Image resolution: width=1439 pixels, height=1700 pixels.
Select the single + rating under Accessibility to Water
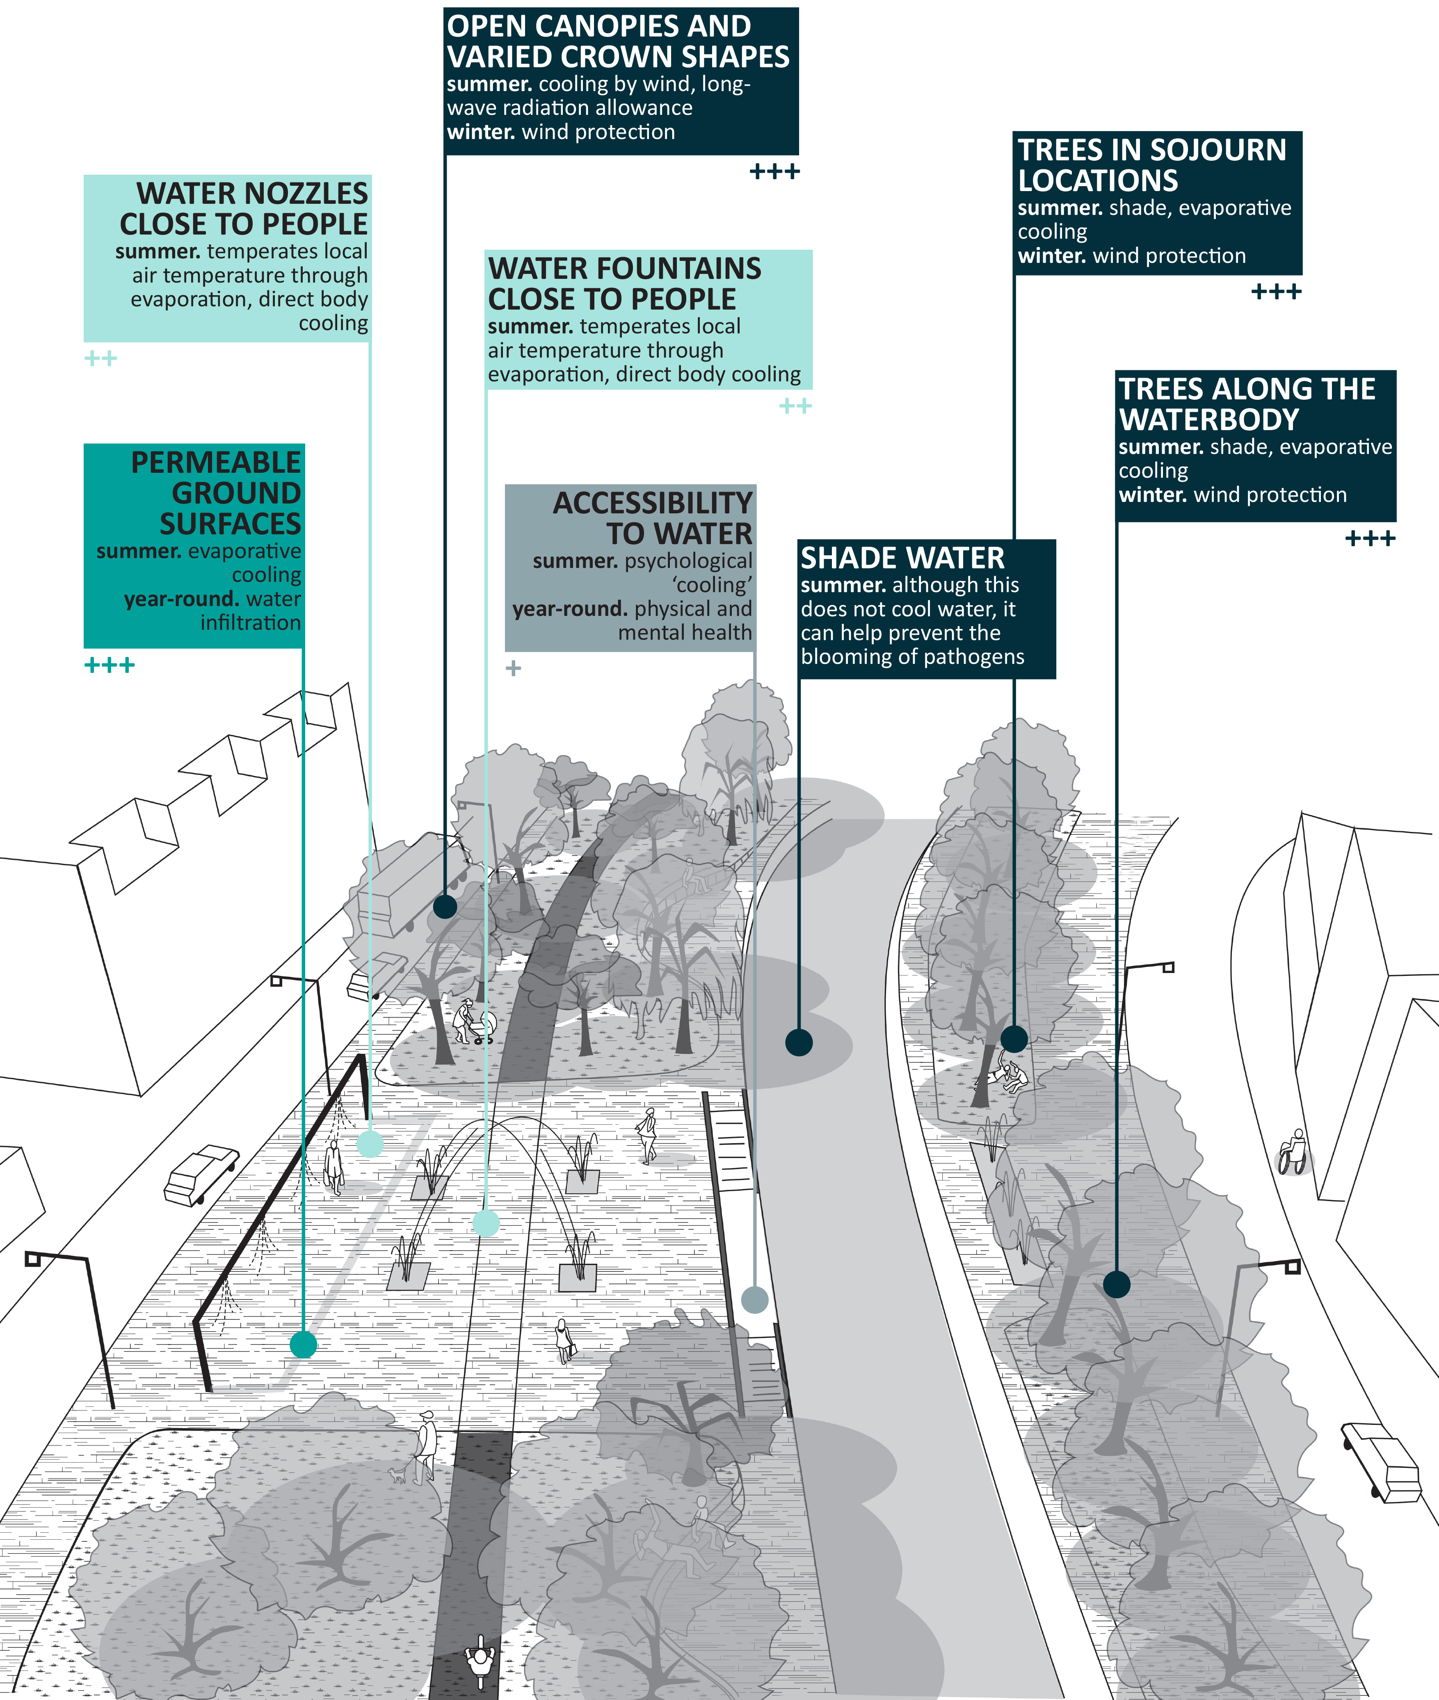513,669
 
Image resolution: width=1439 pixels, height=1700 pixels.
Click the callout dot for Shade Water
799,1042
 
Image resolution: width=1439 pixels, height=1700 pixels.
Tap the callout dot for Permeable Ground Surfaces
304,1345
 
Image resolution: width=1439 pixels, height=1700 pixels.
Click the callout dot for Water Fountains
486,1223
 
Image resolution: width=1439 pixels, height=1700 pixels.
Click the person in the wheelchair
1293,1151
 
